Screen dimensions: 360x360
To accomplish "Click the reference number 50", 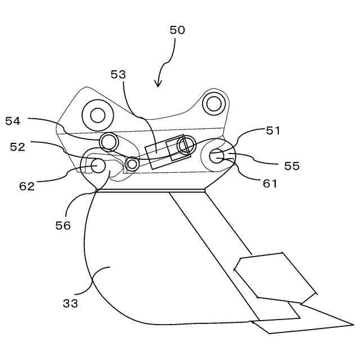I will point(177,30).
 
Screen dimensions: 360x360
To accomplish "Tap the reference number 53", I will point(118,74).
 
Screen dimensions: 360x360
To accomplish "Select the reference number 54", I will point(13,120).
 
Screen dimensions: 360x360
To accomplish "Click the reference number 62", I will point(27,186).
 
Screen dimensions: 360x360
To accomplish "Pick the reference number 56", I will point(63,225).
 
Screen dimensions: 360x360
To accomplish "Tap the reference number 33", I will point(70,303).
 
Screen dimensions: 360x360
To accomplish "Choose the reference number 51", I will point(273,130).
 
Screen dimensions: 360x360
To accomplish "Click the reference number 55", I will point(292,166).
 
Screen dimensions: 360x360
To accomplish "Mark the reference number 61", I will point(271,183).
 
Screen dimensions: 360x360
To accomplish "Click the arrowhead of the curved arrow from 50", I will point(159,84).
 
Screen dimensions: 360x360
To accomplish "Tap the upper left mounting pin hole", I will point(97,116).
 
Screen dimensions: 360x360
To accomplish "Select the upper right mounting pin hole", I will point(213,103).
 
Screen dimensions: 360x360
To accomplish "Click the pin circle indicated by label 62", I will point(98,165).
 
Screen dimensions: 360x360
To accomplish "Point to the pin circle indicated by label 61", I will point(218,156).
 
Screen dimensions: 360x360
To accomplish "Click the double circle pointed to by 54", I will point(108,139).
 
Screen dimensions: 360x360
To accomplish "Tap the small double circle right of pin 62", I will point(132,164).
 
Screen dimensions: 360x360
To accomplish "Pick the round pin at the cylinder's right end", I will point(184,146).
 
